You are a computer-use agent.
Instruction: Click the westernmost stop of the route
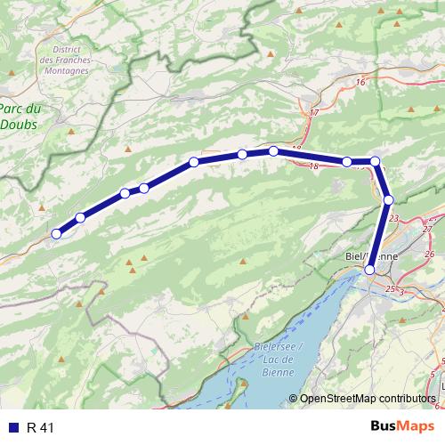click(x=56, y=234)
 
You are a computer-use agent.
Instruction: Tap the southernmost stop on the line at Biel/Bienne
click(x=369, y=269)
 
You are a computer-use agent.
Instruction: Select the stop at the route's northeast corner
click(x=376, y=161)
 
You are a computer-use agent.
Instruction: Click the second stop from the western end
click(x=80, y=218)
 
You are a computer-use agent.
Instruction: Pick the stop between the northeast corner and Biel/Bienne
click(x=389, y=199)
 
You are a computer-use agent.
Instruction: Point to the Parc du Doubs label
click(x=20, y=118)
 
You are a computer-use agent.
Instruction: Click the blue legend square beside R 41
click(x=12, y=428)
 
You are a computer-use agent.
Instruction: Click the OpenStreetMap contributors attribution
click(x=367, y=399)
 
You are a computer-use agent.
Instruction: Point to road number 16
click(x=360, y=83)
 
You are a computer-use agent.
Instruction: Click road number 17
click(x=313, y=113)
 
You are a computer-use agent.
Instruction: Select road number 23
click(x=418, y=218)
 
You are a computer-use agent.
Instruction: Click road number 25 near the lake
click(x=389, y=289)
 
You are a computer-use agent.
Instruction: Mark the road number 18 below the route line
click(x=313, y=166)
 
